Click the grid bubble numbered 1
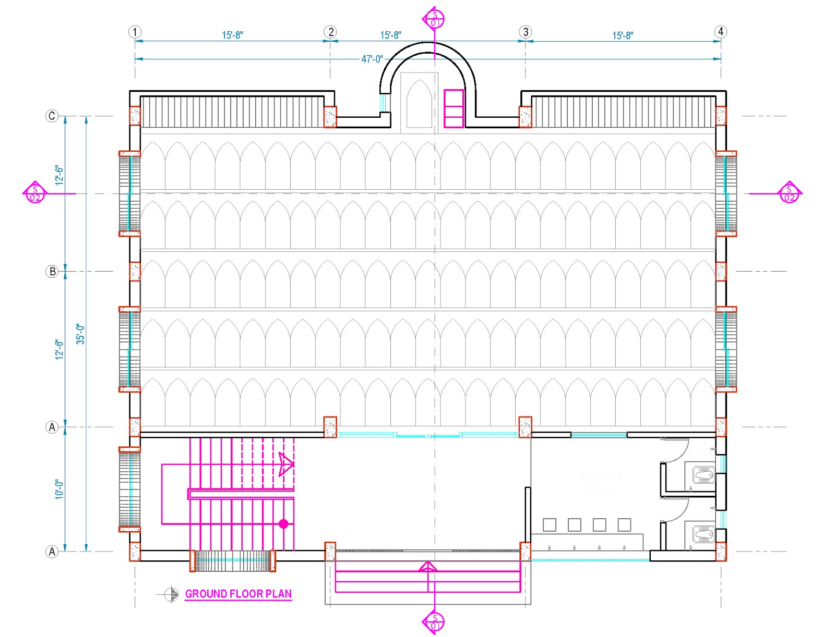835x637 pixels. coord(135,32)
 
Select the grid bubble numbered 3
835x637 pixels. coord(526,32)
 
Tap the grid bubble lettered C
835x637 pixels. coord(52,116)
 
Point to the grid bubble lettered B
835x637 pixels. coord(52,271)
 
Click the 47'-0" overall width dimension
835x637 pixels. coord(372,59)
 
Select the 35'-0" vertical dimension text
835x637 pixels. coord(80,334)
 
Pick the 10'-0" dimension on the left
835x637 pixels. coord(59,489)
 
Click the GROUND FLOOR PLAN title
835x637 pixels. coord(238,594)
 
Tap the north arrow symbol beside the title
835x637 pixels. coord(171,594)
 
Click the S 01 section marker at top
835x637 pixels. coord(434,19)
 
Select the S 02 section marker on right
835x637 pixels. coord(789,193)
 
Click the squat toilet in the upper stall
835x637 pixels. coord(703,475)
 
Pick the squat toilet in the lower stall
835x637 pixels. coord(703,534)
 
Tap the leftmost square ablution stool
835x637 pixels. coord(549,524)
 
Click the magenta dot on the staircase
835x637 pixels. coord(283,524)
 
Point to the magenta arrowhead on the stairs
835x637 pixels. coord(286,464)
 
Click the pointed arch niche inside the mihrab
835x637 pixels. coord(419,104)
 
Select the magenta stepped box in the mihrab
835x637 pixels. coord(454,108)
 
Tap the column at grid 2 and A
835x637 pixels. coord(330,427)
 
